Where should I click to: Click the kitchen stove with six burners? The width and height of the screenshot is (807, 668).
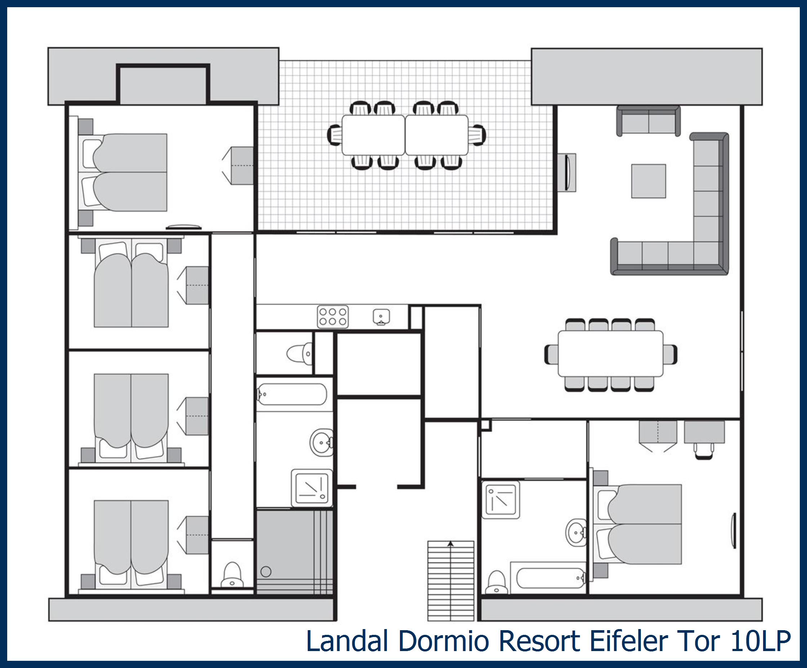[x=333, y=317]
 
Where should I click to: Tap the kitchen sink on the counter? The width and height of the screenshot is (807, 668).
[x=381, y=317]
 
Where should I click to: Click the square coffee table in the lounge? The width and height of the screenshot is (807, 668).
[x=649, y=181]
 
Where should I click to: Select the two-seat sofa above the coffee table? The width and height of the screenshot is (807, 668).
[x=648, y=121]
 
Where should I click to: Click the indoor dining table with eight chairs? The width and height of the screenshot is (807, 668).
[x=611, y=353]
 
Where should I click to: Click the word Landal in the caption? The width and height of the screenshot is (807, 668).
[x=347, y=641]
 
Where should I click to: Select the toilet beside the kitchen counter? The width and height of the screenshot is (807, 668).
[x=299, y=353]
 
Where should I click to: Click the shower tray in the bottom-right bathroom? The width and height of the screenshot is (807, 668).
[x=501, y=500]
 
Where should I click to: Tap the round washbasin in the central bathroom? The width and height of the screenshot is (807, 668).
[x=321, y=442]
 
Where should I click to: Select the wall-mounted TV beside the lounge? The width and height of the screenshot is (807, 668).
[x=567, y=172]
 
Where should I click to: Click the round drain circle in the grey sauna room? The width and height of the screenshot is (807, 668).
[x=266, y=571]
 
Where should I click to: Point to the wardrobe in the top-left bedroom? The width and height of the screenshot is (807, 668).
[x=238, y=166]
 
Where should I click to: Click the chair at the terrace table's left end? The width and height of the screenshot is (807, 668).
[x=335, y=135]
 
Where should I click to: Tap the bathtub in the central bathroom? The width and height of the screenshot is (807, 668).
[x=292, y=394]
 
